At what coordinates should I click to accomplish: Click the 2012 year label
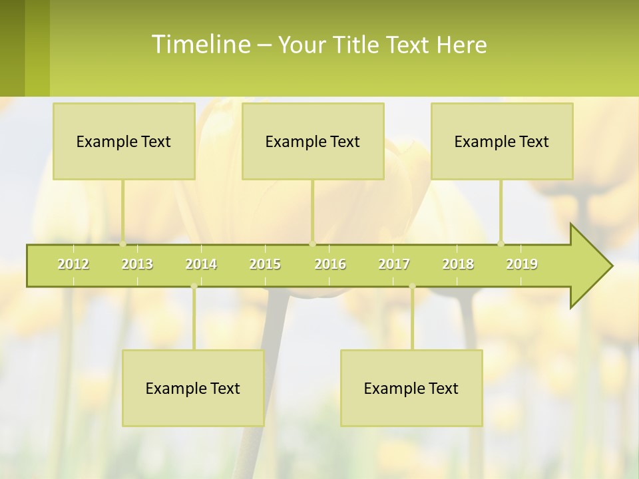(73, 264)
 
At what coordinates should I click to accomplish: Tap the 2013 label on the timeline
(137, 264)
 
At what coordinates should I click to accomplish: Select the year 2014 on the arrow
(201, 264)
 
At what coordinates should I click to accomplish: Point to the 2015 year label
(265, 264)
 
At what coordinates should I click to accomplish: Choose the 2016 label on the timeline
(330, 264)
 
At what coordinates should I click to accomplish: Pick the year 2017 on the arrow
(394, 264)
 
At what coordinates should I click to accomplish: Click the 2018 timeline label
(458, 264)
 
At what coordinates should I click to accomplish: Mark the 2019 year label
(522, 264)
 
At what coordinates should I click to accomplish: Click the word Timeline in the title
(200, 45)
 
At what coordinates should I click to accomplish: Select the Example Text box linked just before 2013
(124, 141)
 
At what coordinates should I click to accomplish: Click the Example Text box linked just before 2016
(313, 141)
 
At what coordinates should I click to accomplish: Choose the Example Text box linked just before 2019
(502, 141)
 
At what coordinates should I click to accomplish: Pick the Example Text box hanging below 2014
(193, 388)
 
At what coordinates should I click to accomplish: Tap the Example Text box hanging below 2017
(411, 388)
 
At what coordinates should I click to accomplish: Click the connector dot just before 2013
(123, 243)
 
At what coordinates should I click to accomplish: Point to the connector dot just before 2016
(312, 243)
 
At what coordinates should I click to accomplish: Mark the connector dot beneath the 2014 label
(194, 286)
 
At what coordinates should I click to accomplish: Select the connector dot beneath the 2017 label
(412, 286)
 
